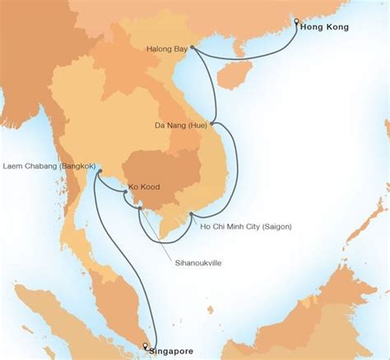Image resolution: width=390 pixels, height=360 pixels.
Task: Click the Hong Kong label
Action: [x=326, y=27]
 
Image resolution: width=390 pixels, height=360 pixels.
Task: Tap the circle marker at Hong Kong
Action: [x=295, y=21]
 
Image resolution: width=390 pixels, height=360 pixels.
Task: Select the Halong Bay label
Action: [x=168, y=48]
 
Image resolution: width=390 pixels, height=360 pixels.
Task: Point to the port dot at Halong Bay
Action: [x=192, y=48]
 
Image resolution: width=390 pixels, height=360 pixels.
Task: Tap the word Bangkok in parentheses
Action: [x=71, y=167]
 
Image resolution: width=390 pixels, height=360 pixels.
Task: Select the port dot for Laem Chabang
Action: [x=96, y=173]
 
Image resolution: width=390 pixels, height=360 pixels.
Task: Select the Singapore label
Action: [x=172, y=351]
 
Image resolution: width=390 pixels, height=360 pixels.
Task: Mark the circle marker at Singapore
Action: [x=145, y=345]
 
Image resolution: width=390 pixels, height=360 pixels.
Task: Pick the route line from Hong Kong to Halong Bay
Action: [x=247, y=58]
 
